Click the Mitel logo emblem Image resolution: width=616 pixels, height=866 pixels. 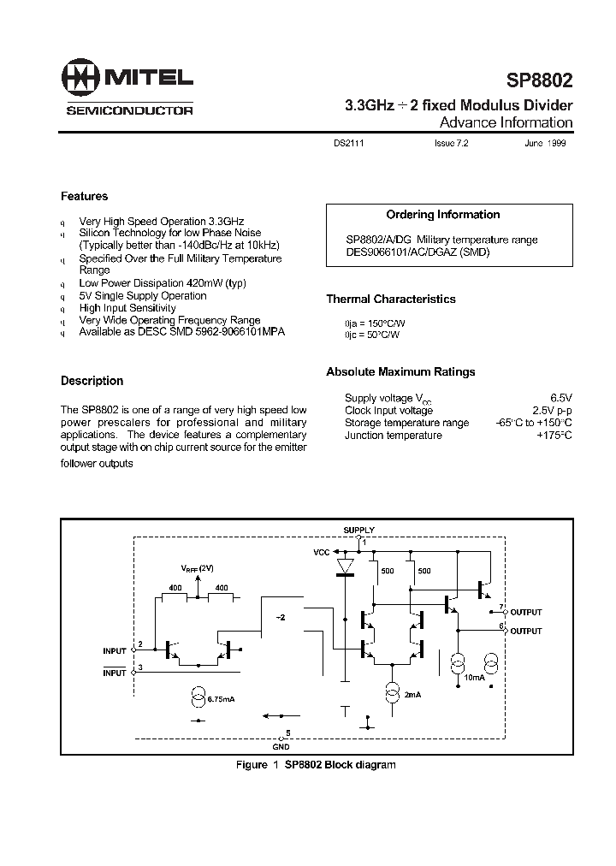click(80, 79)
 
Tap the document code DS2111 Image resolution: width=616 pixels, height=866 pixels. click(349, 145)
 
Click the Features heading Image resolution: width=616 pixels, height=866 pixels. click(84, 196)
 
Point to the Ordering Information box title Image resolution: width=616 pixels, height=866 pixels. click(442, 215)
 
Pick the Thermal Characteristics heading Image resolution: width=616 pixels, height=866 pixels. click(390, 300)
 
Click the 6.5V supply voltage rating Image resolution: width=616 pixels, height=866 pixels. click(560, 398)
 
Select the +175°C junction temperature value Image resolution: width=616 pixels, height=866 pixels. click(554, 436)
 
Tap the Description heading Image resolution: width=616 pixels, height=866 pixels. click(92, 381)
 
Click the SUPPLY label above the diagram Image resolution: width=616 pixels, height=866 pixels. click(358, 531)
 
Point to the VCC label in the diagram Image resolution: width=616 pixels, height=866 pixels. click(322, 553)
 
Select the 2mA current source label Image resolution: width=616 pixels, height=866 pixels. click(413, 694)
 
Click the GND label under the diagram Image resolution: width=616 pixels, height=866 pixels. click(281, 743)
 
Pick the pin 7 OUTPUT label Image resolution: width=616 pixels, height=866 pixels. click(525, 613)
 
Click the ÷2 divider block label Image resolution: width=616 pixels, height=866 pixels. click(281, 616)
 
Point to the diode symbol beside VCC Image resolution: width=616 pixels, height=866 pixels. click(346, 566)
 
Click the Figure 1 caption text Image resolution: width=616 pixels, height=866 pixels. click(316, 764)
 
